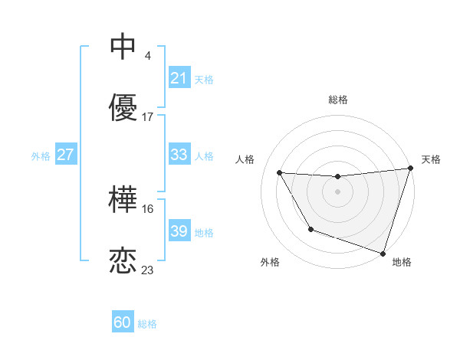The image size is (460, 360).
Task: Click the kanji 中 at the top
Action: pyautogui.click(x=123, y=47)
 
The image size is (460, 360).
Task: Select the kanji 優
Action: pyautogui.click(x=123, y=108)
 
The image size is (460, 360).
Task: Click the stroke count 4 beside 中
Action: pyautogui.click(x=147, y=56)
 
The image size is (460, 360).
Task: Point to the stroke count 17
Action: pyautogui.click(x=148, y=117)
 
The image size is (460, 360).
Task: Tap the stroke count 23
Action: pyautogui.click(x=148, y=270)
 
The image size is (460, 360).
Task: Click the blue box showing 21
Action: pyautogui.click(x=179, y=78)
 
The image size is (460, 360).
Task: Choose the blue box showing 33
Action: pyautogui.click(x=179, y=155)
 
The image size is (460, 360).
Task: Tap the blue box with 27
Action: pyautogui.click(x=65, y=155)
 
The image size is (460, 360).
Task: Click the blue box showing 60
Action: pyautogui.click(x=123, y=322)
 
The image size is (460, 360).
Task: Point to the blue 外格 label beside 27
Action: pyautogui.click(x=41, y=155)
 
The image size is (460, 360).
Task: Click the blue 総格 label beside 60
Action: pyautogui.click(x=147, y=324)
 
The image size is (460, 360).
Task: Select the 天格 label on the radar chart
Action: pyautogui.click(x=431, y=159)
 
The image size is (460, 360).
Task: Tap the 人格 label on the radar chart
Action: pyautogui.click(x=246, y=159)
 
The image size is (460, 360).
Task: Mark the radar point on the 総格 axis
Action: pyautogui.click(x=337, y=177)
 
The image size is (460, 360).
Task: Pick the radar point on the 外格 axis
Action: pyautogui.click(x=310, y=229)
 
